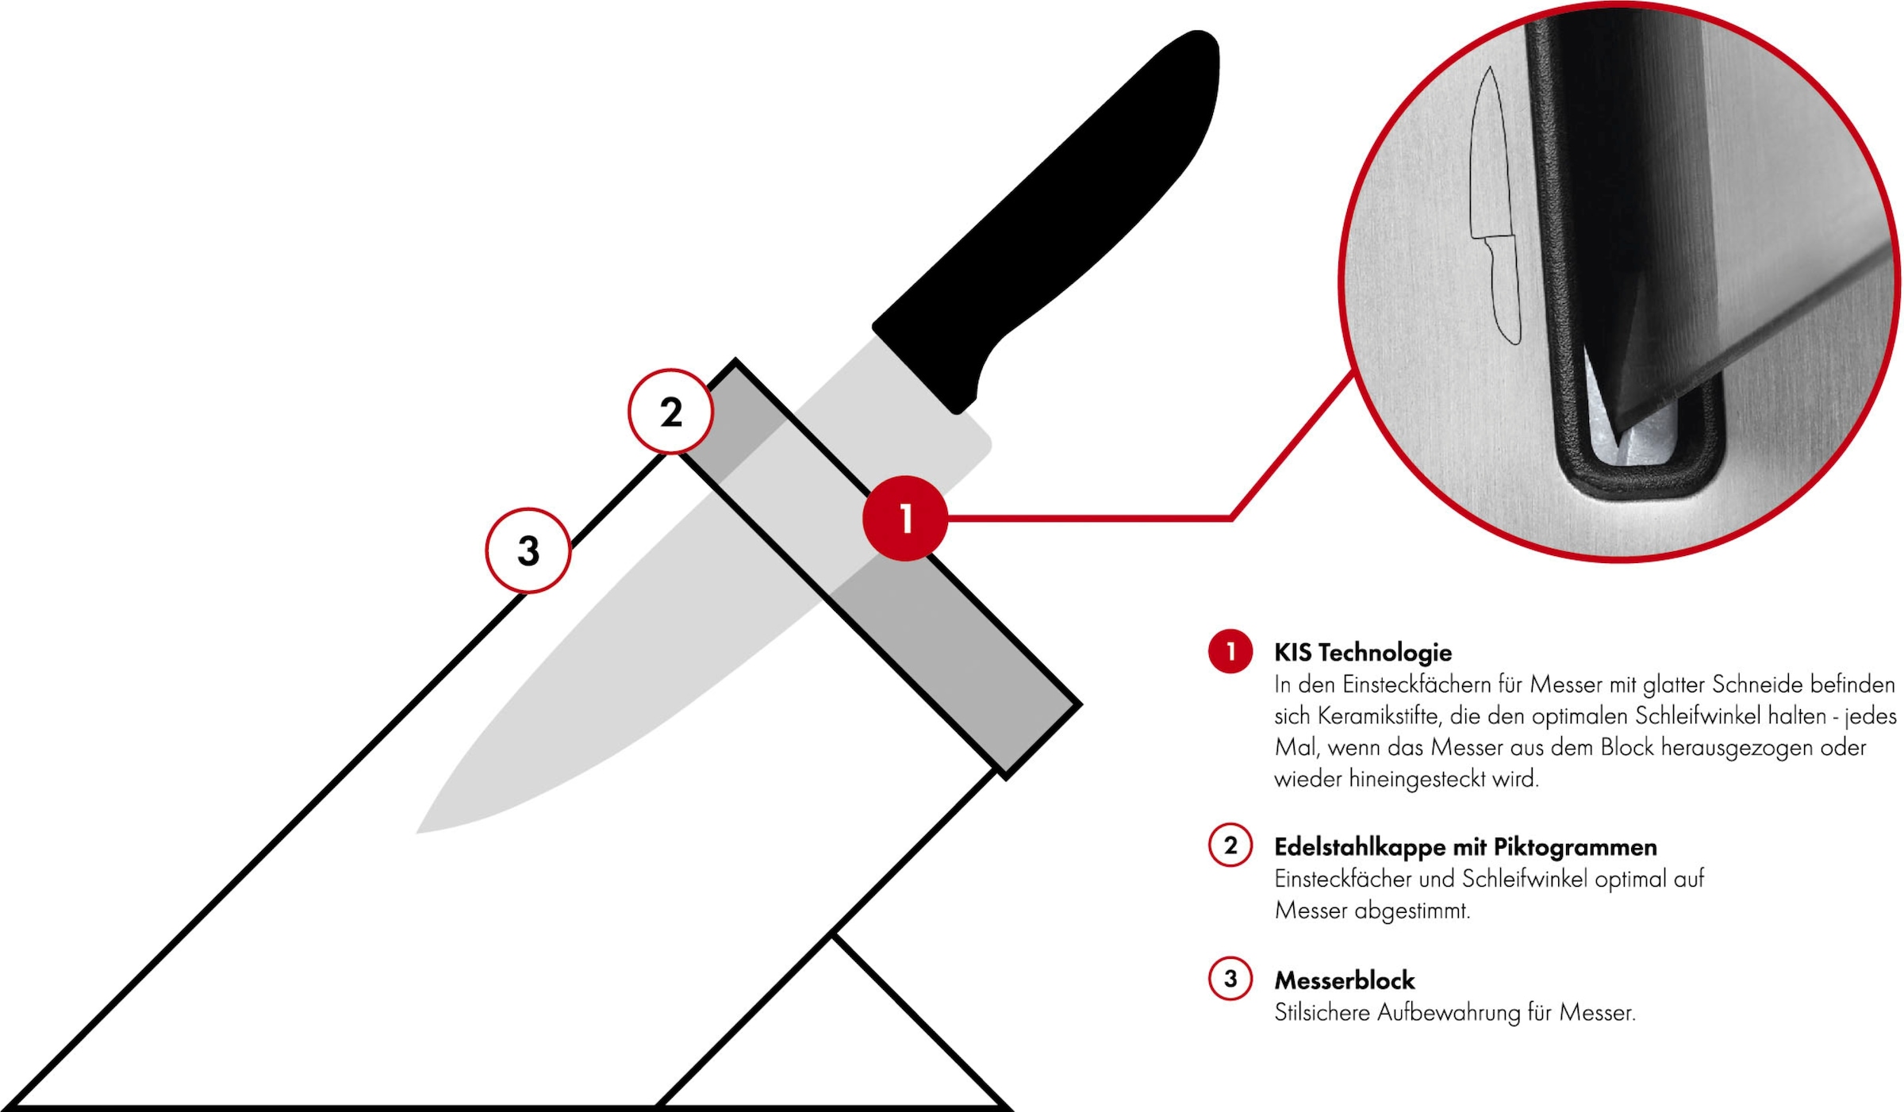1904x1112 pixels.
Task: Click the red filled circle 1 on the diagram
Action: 904,518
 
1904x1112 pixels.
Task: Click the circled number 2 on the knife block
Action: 671,412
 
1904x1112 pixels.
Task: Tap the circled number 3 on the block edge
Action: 528,550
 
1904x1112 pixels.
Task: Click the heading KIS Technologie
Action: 1362,653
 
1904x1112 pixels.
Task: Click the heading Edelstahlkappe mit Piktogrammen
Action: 1464,847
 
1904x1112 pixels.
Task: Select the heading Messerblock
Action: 1344,980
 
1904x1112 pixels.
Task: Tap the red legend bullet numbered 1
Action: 1230,652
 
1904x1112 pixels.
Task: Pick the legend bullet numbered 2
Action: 1230,846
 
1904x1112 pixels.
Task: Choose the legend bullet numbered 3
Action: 1230,979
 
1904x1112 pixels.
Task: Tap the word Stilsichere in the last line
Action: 1322,1013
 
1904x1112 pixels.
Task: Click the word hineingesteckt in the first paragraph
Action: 1417,779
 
